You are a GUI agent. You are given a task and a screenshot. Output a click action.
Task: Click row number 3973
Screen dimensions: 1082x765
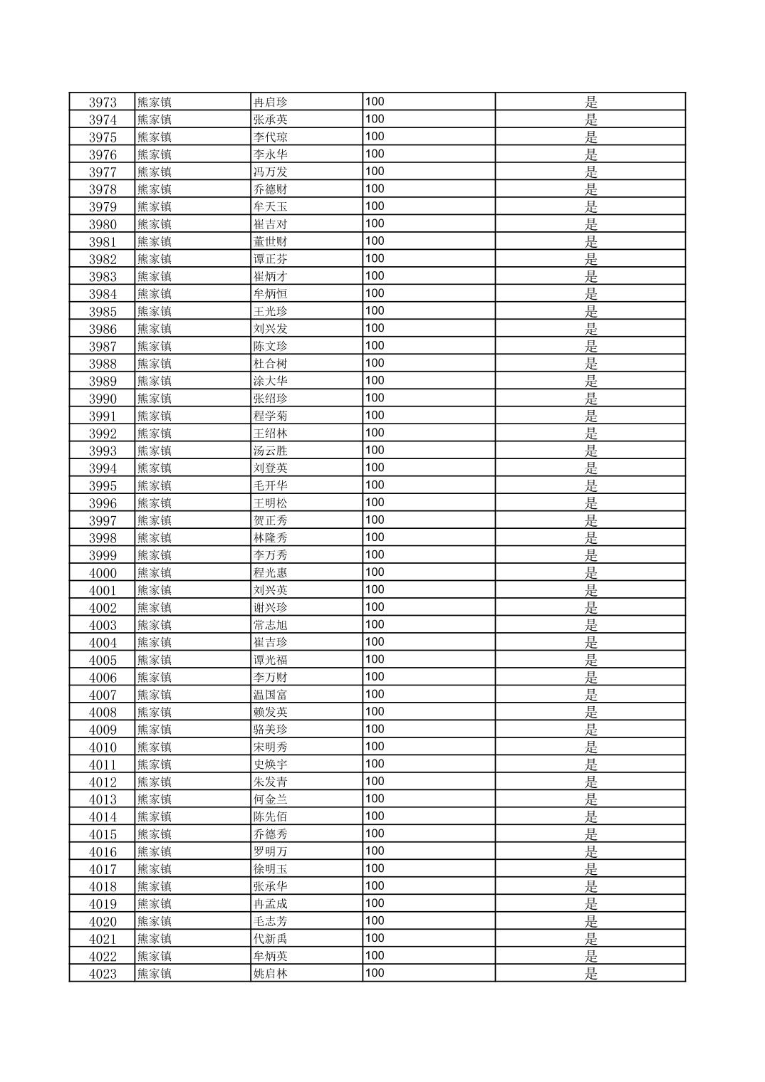103,102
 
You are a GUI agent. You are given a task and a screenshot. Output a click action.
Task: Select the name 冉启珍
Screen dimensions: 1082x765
271,102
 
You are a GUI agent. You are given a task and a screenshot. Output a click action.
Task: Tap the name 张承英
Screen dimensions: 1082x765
271,120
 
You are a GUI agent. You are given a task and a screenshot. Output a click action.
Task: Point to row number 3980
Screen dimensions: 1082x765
103,224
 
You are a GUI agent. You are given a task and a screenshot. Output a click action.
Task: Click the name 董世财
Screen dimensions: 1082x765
271,241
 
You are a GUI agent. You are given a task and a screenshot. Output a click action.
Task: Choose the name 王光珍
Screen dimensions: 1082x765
271,311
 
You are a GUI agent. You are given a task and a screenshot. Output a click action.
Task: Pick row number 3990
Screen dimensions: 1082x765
103,399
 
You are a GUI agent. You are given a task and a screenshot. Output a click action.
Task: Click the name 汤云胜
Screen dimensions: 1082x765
271,451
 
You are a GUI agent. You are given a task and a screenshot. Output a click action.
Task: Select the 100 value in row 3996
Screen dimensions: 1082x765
375,503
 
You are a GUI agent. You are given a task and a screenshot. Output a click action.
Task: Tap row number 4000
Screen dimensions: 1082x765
103,573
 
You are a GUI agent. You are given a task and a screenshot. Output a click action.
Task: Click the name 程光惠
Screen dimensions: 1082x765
271,573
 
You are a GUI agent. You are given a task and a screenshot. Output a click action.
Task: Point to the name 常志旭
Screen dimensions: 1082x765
271,625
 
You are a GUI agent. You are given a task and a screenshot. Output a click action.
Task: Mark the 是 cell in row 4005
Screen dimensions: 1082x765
590,660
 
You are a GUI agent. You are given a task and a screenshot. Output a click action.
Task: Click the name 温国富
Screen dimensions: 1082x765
271,695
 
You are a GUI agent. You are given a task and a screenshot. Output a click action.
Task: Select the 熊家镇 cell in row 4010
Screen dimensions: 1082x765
155,747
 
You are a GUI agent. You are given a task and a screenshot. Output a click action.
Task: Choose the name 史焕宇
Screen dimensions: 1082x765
271,765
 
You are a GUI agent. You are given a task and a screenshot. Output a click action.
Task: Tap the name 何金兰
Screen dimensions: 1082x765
271,799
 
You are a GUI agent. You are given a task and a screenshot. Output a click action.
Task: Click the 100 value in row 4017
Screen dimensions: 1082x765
375,868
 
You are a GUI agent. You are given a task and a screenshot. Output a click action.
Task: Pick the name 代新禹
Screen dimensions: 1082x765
271,939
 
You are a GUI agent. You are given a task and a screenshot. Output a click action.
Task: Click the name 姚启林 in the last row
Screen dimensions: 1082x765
271,974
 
